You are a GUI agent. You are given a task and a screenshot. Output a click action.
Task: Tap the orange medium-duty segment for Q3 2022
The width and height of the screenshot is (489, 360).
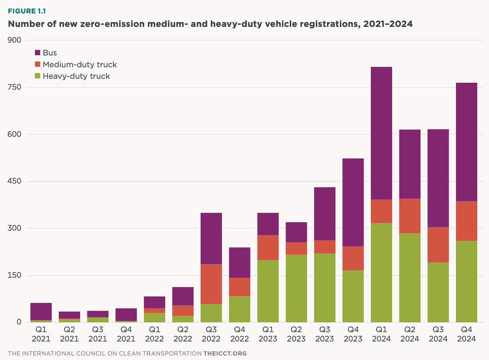pos(211,284)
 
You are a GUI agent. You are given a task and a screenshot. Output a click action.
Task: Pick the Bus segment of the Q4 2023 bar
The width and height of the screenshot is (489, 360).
pos(353,202)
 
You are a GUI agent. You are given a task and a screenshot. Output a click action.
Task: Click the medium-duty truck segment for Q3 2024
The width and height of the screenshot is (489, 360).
pos(438,245)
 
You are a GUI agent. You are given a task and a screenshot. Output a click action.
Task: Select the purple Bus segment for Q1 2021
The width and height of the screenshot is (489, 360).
pos(41,312)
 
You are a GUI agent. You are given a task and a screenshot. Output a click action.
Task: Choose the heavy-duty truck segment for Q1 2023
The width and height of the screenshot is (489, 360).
pos(268,291)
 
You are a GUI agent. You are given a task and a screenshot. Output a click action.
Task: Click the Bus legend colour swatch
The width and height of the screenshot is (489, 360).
pos(38,53)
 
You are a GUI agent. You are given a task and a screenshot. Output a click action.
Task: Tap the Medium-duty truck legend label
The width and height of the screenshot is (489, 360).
pos(80,65)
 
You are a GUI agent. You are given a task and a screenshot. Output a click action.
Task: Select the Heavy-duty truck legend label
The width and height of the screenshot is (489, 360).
pos(76,76)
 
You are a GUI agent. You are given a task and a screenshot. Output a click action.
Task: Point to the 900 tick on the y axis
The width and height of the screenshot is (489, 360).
pos(14,40)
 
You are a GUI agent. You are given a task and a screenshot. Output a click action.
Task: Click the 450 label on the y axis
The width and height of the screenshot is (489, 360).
pos(14,182)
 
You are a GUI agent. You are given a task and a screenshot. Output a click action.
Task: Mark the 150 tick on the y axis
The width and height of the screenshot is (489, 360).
pos(14,276)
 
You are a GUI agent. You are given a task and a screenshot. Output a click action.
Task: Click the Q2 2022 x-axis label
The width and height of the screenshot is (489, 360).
pos(183,334)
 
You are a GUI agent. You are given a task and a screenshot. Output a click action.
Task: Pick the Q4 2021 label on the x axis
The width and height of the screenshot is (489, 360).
pos(126,334)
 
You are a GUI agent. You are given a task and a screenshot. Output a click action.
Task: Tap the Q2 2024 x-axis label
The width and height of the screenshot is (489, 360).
pos(410,334)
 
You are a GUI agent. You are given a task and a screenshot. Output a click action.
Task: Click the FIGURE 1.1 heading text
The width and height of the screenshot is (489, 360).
pos(27,11)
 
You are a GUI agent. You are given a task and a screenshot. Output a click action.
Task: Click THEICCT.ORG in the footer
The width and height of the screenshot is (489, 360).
pos(225,353)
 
